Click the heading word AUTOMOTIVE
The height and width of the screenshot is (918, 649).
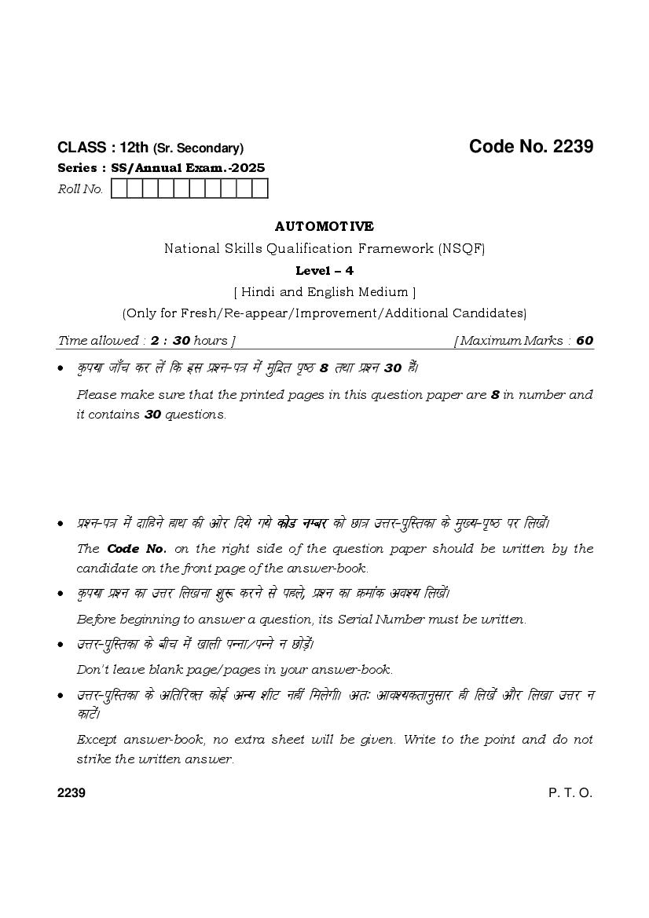coord(324,226)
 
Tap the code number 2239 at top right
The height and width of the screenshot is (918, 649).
coord(573,147)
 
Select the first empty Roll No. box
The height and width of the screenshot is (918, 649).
coord(119,188)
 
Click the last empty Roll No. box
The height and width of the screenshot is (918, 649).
coord(260,188)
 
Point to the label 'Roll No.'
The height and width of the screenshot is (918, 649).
coord(81,189)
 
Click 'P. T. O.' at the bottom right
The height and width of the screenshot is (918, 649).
coord(570,792)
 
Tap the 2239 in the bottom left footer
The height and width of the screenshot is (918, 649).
coord(71,792)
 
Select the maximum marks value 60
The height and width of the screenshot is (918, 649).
coord(585,341)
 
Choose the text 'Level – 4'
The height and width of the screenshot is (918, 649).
coord(324,271)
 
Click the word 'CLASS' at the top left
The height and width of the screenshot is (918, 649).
coord(82,148)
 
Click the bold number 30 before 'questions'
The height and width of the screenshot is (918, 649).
coord(152,415)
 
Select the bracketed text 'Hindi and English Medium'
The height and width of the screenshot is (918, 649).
coord(324,292)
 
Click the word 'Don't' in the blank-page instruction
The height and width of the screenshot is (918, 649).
coord(93,670)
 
